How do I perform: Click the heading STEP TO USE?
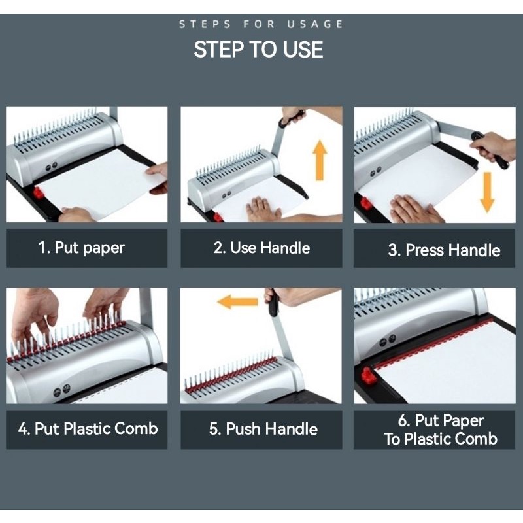click(258, 50)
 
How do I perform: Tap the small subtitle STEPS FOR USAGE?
click(261, 24)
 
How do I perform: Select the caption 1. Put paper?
click(81, 248)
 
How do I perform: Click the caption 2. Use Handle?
click(262, 248)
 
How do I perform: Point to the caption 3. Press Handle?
click(445, 250)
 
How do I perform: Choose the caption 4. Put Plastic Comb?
click(88, 429)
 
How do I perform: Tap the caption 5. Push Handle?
click(263, 429)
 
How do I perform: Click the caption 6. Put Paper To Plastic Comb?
click(441, 430)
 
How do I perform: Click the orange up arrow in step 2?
click(320, 160)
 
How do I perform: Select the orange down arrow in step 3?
click(487, 192)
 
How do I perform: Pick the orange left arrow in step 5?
click(237, 302)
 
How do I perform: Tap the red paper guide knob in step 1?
click(38, 192)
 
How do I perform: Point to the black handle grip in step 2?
click(292, 118)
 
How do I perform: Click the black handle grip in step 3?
click(490, 150)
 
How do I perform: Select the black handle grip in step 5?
click(273, 303)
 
